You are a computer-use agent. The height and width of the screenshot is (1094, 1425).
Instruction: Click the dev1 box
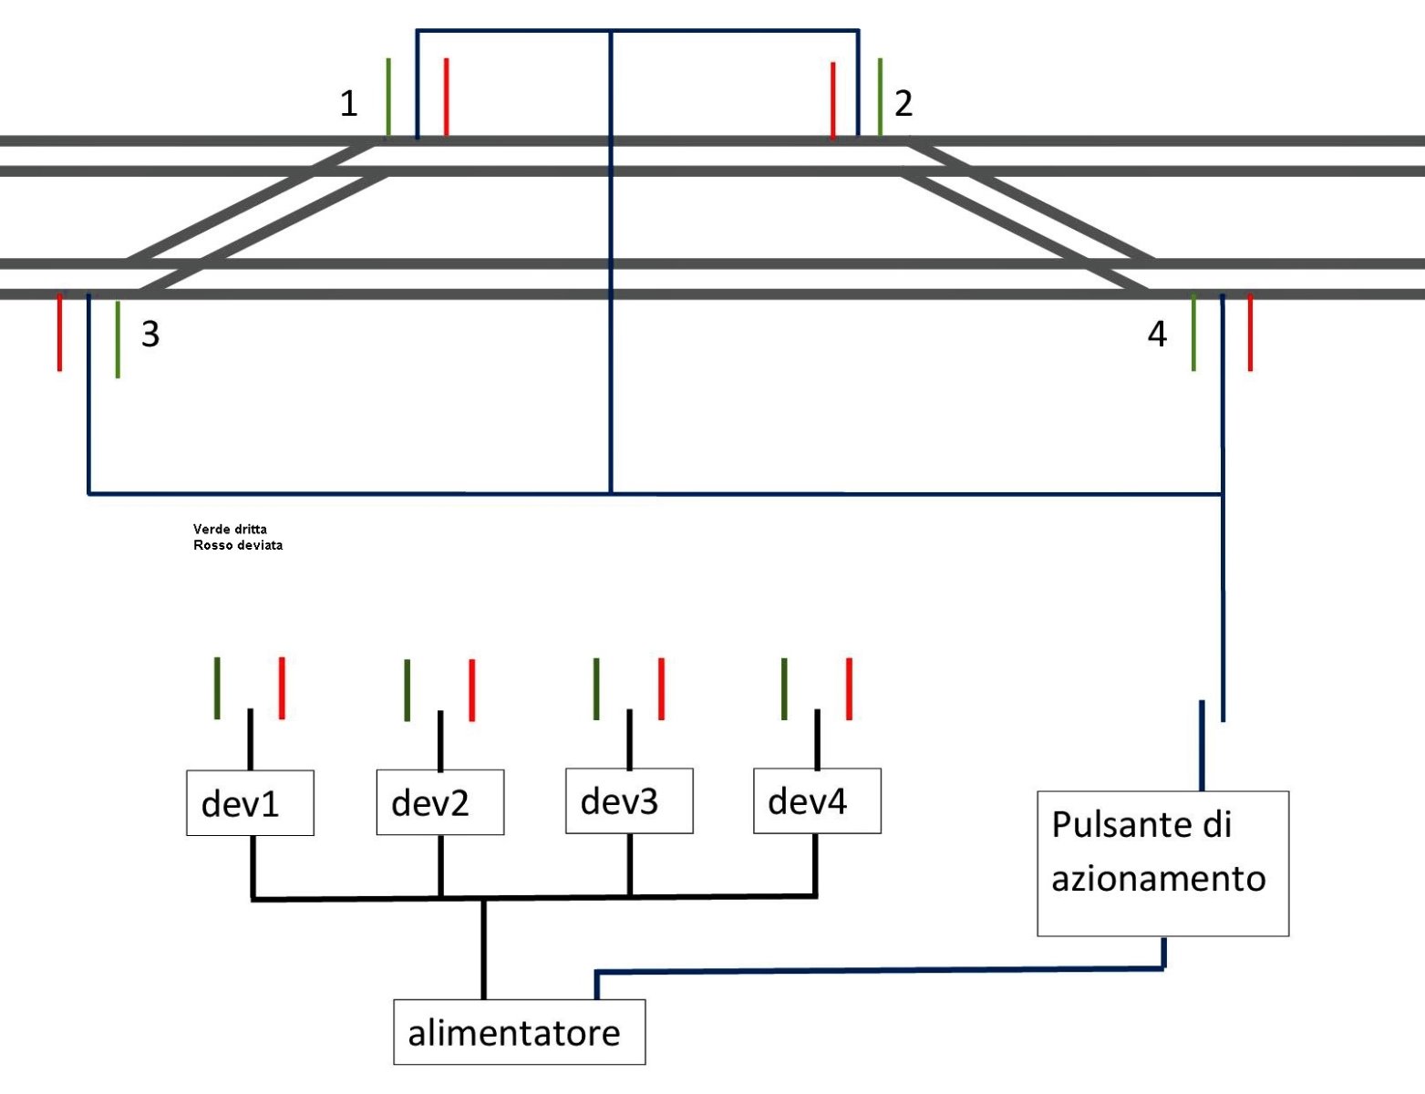250,803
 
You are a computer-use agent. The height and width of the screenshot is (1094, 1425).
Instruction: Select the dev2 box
439,802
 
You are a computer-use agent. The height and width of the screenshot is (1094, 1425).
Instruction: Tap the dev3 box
629,800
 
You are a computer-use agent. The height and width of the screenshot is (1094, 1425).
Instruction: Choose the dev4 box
817,800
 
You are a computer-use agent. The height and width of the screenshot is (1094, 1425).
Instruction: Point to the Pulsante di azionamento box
1162,862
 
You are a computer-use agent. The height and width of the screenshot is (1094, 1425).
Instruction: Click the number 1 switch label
348,104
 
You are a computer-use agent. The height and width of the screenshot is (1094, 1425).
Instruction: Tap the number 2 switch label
904,104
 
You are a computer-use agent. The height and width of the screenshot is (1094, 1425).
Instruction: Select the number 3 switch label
150,335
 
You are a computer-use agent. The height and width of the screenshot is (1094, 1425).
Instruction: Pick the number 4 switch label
1157,335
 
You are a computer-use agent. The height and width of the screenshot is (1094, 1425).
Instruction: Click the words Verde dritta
230,529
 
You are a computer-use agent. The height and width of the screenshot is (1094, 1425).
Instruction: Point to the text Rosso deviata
238,545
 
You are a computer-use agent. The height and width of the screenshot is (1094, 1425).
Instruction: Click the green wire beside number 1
388,97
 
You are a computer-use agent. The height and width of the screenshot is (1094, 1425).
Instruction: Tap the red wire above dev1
282,687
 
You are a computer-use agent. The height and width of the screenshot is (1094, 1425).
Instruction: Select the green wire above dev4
784,688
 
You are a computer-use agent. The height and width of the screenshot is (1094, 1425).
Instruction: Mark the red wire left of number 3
60,332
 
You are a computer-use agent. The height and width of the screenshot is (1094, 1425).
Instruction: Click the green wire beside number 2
880,97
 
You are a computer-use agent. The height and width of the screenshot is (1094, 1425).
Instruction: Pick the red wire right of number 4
1250,332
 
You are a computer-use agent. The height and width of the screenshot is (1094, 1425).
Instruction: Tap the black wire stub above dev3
629,739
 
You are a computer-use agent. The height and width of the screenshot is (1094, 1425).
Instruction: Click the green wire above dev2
407,690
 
